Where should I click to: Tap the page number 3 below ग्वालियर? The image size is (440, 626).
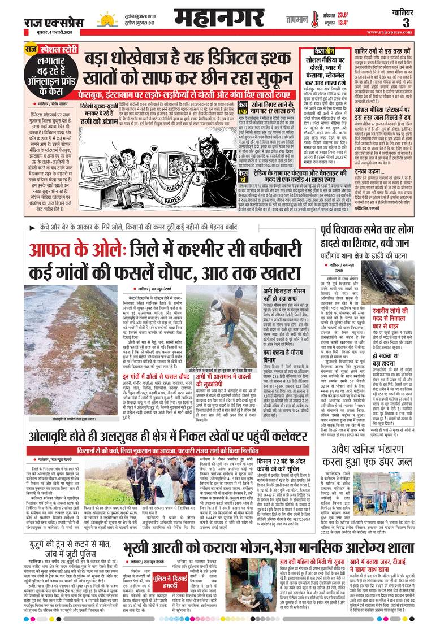click(421, 23)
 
